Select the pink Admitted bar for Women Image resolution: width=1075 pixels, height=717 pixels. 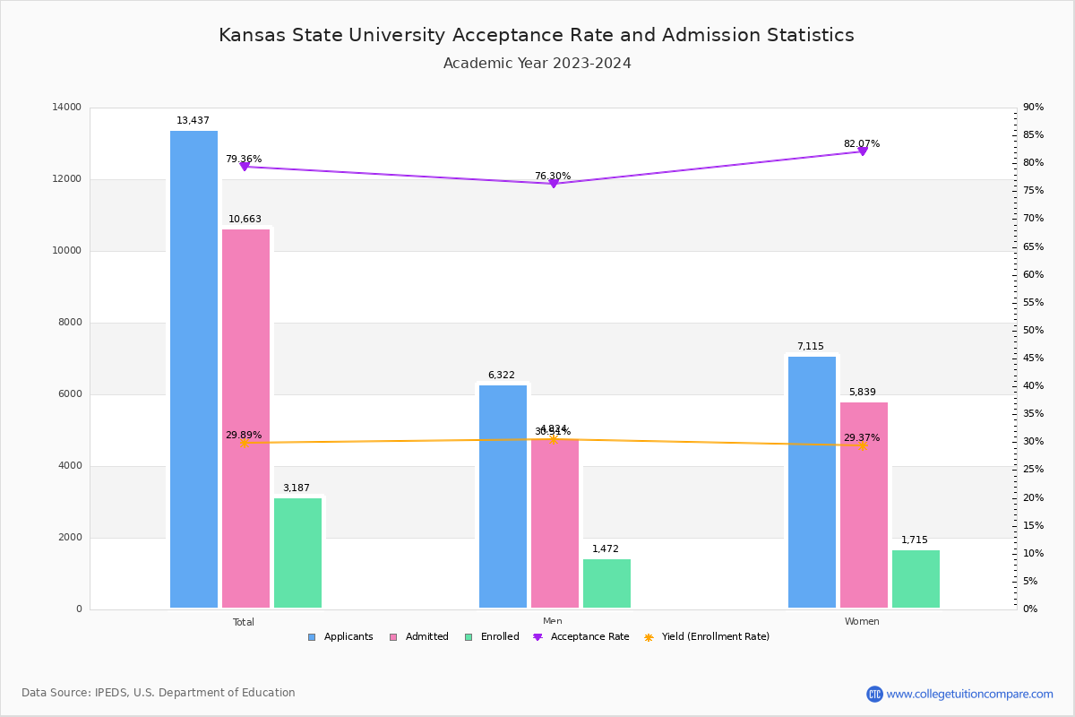[x=864, y=505]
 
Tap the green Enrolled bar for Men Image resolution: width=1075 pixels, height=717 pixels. [x=606, y=583]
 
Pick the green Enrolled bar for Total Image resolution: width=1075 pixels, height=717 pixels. [x=297, y=553]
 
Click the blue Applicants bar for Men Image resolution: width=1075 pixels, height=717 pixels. [x=503, y=497]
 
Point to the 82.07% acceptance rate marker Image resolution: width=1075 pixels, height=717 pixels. [x=863, y=151]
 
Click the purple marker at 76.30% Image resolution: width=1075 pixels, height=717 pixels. [x=554, y=183]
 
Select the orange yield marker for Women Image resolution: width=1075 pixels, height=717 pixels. [x=863, y=445]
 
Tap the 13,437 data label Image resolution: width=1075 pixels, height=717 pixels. [x=193, y=121]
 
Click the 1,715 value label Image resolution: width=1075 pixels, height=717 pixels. [x=915, y=540]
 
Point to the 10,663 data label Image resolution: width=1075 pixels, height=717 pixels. [x=245, y=220]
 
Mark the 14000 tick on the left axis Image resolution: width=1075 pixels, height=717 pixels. [x=66, y=108]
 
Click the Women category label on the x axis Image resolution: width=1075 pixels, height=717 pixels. [x=862, y=622]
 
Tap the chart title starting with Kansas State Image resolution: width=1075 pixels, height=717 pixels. [x=537, y=35]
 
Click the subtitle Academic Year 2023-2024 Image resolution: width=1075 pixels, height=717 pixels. [x=537, y=64]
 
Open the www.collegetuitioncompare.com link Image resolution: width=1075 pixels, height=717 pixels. [x=969, y=694]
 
